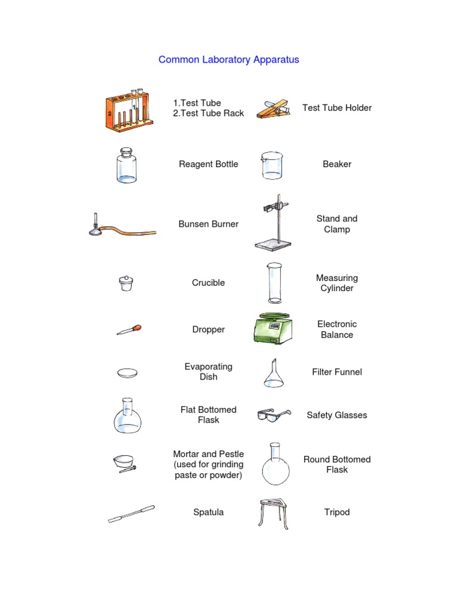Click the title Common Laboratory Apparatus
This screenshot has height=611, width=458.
click(x=228, y=60)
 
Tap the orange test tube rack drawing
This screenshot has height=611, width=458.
click(x=129, y=111)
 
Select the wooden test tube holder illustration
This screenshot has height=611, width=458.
click(x=273, y=108)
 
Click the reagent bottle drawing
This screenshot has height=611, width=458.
click(x=126, y=165)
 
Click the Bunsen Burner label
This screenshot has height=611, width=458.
click(x=208, y=224)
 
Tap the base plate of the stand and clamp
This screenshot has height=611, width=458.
click(x=274, y=243)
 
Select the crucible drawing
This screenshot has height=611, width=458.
click(x=126, y=283)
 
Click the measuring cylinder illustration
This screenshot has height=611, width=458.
click(x=274, y=283)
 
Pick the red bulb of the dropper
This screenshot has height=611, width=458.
click(x=137, y=327)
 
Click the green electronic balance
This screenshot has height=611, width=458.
click(x=273, y=329)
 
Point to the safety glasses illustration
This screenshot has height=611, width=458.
click(x=273, y=415)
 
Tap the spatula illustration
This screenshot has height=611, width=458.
click(x=131, y=514)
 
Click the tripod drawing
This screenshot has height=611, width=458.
click(x=274, y=512)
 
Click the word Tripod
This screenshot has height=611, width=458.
click(x=336, y=512)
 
